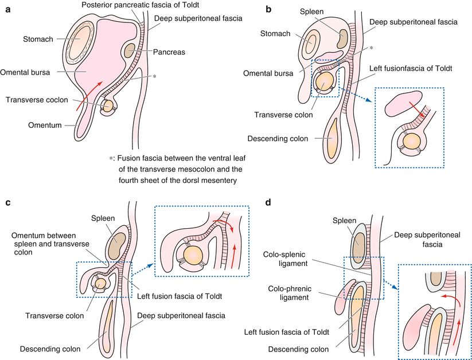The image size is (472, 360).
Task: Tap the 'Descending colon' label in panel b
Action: click(x=275, y=139)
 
